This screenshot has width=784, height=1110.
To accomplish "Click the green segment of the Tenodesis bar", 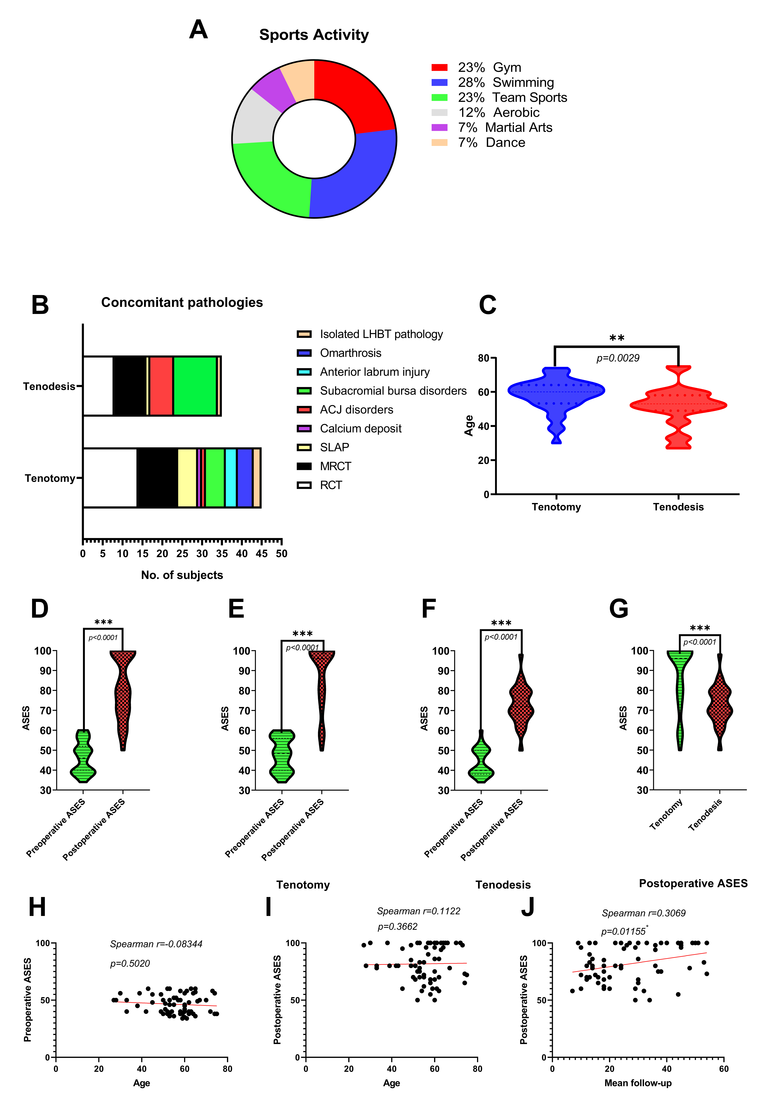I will (195, 386).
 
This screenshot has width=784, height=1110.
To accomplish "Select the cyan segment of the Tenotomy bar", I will (231, 478).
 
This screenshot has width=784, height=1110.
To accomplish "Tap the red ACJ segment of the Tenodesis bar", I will (161, 386).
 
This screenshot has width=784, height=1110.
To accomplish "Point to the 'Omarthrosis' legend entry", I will (350, 353).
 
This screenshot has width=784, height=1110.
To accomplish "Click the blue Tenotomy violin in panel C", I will (556, 392).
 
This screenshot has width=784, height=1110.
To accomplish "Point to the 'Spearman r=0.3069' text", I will (643, 913).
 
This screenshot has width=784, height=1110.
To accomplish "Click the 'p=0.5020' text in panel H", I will (130, 964).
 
